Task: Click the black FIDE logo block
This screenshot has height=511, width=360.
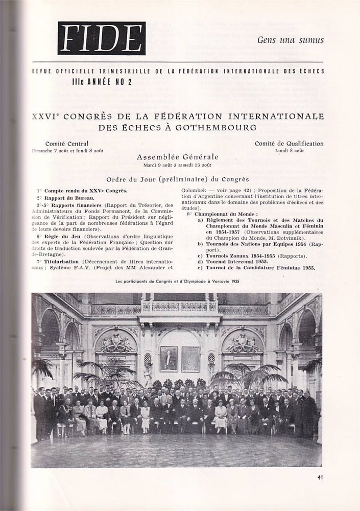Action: [x=102, y=38]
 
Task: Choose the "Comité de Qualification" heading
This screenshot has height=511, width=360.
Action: [x=289, y=144]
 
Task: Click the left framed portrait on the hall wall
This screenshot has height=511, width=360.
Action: [x=169, y=359]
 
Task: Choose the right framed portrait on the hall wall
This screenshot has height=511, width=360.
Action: [x=190, y=359]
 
